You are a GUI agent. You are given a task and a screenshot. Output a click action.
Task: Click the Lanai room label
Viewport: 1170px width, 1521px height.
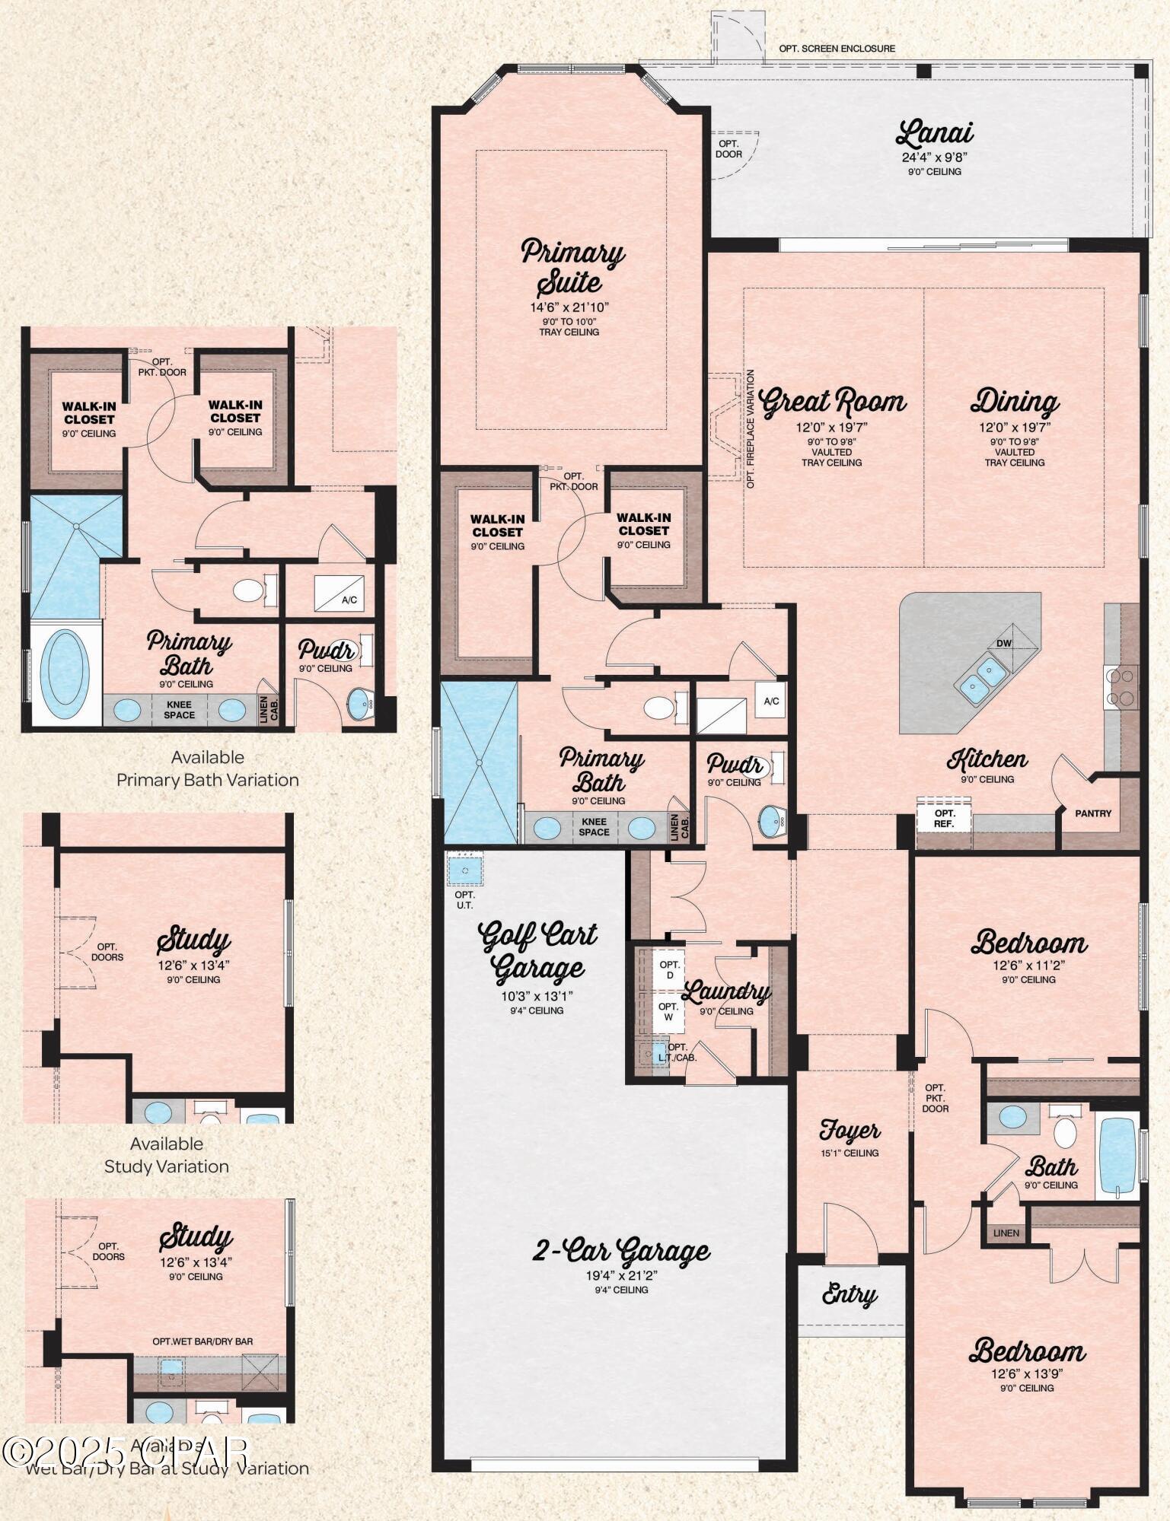[x=935, y=134]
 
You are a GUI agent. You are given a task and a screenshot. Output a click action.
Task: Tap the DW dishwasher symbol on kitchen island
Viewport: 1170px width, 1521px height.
[x=1004, y=643]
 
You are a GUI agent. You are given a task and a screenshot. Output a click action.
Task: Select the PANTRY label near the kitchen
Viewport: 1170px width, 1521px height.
[x=1093, y=813]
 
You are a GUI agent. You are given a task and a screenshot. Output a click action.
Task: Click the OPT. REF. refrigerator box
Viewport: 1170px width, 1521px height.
[x=944, y=818]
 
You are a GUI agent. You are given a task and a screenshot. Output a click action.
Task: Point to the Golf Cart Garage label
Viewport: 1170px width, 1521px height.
[x=538, y=951]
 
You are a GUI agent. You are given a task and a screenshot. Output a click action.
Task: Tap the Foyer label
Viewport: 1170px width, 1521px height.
[x=850, y=1131]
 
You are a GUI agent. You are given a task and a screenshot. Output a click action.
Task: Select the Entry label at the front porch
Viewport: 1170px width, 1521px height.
[x=850, y=1295]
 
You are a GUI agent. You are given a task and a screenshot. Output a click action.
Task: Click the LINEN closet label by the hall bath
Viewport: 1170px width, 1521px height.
[x=1006, y=1233]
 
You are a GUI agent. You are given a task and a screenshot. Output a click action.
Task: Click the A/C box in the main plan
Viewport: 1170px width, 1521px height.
[x=771, y=701]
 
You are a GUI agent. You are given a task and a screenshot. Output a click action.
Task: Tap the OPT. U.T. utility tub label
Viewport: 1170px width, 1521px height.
[x=464, y=899]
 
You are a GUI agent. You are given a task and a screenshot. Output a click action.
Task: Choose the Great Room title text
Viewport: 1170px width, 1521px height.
[x=833, y=401]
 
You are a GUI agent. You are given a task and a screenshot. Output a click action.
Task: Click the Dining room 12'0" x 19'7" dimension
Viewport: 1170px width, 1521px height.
[x=1015, y=428]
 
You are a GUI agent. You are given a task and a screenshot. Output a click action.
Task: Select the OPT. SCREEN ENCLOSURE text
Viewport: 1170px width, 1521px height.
[x=837, y=49]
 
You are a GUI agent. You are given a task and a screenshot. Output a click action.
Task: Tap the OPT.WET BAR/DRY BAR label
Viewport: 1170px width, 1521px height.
[x=202, y=1341]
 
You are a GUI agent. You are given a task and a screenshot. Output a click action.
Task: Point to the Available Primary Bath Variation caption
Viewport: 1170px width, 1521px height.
[x=207, y=768]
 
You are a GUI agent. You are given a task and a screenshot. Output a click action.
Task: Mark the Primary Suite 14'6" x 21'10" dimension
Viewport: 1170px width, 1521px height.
[x=569, y=308]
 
